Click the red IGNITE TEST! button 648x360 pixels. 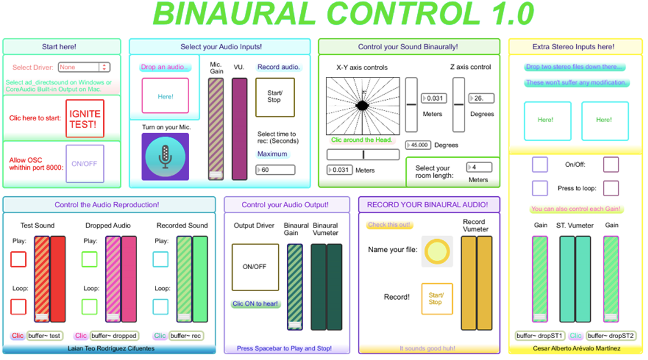click(84, 119)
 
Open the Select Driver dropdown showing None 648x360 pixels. click(84, 67)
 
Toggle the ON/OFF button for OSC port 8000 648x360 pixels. click(84, 164)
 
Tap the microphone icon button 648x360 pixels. click(165, 157)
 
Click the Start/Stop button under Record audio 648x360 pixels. click(275, 97)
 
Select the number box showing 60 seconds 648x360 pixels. click(275, 170)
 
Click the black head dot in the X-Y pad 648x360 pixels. click(362, 105)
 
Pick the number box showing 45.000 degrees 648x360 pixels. click(418, 145)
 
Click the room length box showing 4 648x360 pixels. click(480, 167)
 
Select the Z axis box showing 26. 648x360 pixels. click(481, 98)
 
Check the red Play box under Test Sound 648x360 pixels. click(19, 259)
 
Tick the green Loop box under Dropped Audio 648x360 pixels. click(90, 307)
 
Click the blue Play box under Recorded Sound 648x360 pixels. click(161, 259)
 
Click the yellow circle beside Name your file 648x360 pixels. click(437, 251)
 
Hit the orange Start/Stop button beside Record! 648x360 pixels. click(437, 299)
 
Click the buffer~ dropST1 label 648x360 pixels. click(539, 336)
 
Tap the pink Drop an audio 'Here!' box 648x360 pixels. click(165, 96)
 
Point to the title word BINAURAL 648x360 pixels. click(234, 14)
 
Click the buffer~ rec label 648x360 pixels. click(186, 336)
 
